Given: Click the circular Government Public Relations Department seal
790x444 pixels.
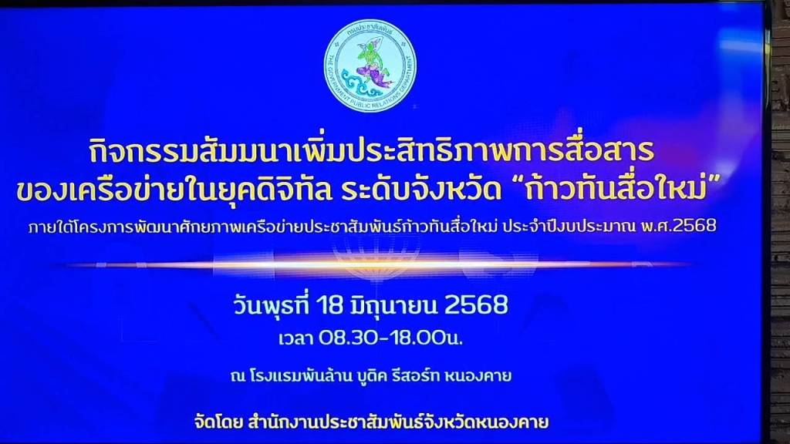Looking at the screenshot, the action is (370, 66).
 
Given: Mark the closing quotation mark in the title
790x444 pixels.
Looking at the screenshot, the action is (712, 182).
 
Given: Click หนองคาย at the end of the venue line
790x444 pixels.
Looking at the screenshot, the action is (478, 375).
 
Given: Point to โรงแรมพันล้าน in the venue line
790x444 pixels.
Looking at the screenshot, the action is (300, 375).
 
